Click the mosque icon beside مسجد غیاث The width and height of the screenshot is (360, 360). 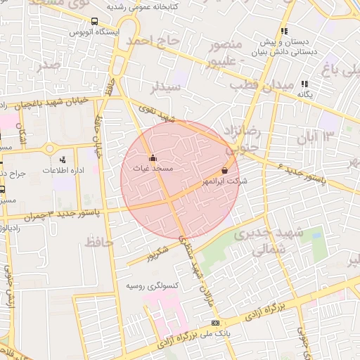pos(153,158)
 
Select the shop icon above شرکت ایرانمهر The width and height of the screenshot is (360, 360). pos(224,170)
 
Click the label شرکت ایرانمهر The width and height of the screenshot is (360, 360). pos(214,181)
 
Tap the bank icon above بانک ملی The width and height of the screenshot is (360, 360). pos(215,323)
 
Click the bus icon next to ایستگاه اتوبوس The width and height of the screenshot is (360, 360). pos(75,32)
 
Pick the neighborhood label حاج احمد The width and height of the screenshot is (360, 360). pos(153,41)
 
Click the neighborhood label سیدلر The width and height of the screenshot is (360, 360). pos(167,86)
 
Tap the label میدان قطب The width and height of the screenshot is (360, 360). pos(256,86)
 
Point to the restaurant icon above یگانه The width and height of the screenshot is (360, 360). pos(305,84)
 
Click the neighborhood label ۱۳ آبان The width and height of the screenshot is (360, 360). pos(320,135)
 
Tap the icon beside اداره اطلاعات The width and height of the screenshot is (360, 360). pos(63,160)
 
